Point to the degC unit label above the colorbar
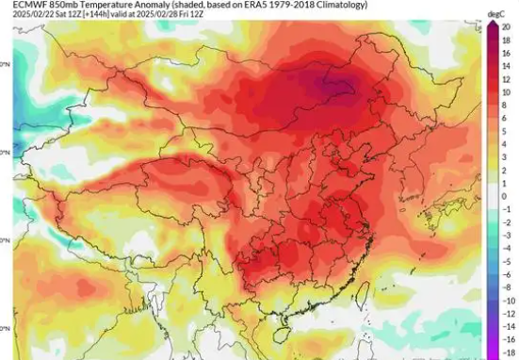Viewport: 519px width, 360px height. (495, 14)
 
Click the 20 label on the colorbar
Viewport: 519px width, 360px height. (506, 26)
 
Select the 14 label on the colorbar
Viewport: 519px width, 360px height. (506, 66)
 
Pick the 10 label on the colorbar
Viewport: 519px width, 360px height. (506, 92)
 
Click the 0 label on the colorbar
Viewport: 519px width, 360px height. (506, 197)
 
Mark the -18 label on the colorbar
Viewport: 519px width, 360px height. (506, 352)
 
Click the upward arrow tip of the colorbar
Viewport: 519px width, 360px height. (493, 22)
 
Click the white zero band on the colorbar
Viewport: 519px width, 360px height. (493, 197)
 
